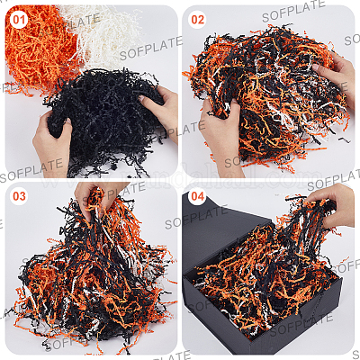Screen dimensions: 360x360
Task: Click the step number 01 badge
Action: pos(19,20)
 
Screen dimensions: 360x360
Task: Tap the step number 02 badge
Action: pos(197,20)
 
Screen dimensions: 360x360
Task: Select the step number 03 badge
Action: pos(19,196)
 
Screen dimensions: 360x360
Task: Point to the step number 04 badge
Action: pos(197,196)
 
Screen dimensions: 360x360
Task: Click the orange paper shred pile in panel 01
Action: pos(38,48)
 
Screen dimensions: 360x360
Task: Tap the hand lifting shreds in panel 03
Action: pos(96,198)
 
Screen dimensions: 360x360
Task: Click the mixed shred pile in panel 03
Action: pos(90,276)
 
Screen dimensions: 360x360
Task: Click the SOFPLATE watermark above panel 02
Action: pos(293,12)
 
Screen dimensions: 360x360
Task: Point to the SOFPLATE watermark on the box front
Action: pos(301,325)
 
